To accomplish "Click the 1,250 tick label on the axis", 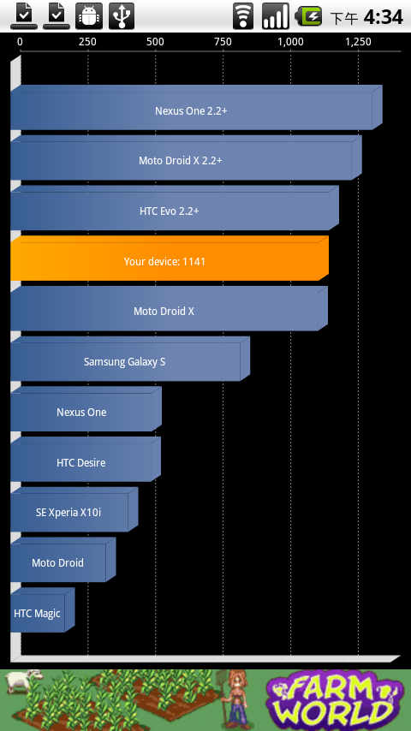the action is click(358, 42).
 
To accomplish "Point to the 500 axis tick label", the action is click(155, 42).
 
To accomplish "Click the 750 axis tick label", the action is click(223, 42).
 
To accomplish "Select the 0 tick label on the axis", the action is click(20, 42).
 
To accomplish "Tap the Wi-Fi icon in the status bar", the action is click(243, 16).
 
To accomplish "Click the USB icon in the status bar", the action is click(122, 16).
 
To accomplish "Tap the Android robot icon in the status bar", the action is click(89, 16).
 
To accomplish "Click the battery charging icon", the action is click(309, 17).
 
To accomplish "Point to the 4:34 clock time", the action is click(383, 17).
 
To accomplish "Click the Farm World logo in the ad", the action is click(335, 700).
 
